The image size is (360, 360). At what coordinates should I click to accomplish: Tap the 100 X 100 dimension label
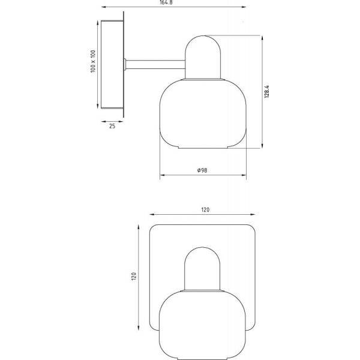[92, 62]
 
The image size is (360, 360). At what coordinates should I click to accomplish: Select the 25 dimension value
[112, 126]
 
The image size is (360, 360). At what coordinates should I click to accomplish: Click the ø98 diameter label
[202, 170]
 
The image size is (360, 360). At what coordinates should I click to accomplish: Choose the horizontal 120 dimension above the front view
[205, 210]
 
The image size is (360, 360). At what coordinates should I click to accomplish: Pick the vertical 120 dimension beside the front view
[135, 276]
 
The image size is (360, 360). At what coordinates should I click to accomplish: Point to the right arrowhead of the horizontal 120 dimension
[254, 217]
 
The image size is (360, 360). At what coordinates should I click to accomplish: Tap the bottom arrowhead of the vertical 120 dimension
[139, 329]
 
